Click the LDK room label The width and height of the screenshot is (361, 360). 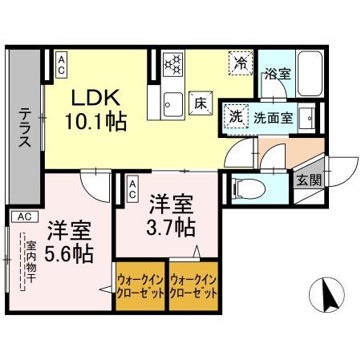pos(97,98)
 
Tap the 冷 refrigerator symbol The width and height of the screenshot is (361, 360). pos(239,62)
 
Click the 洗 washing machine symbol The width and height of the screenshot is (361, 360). pos(236,115)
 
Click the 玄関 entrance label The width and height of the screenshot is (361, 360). pos(308,180)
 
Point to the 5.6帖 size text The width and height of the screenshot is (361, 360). pos(69,253)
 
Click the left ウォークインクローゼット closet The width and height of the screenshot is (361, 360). pos(140,285)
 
